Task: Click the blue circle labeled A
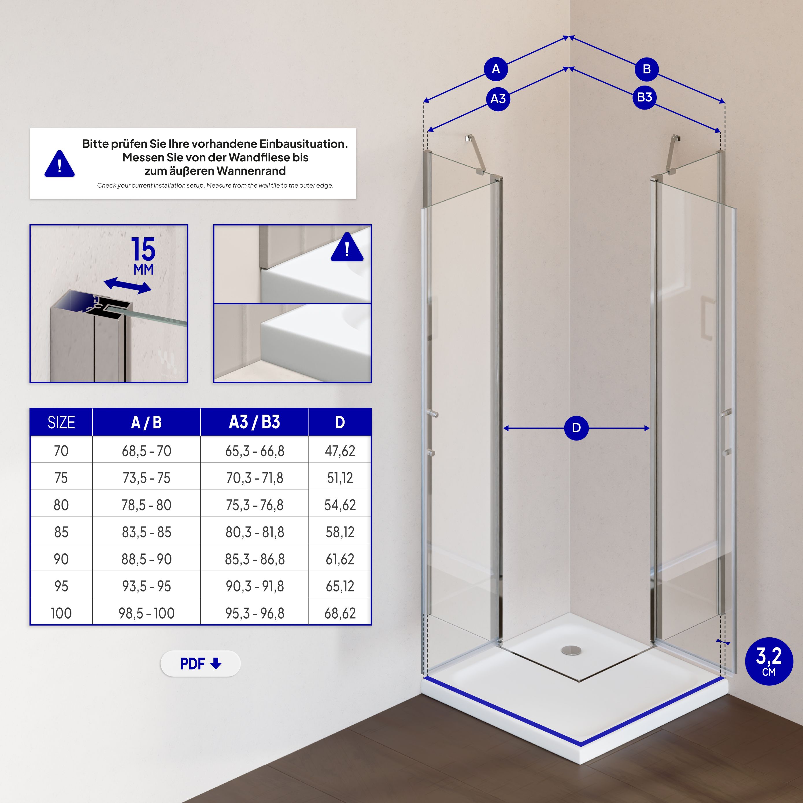(496, 69)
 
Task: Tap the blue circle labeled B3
(645, 97)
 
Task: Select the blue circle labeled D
(576, 428)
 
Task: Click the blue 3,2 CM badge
(769, 661)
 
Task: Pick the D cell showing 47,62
(340, 451)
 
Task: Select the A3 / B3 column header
(254, 422)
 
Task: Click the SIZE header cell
(61, 422)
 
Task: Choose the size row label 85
(61, 532)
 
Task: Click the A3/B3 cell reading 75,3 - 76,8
(254, 505)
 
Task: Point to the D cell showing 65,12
(340, 586)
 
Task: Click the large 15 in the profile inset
(143, 249)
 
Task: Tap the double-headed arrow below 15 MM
(127, 286)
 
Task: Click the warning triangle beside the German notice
(60, 164)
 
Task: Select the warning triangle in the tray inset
(347, 248)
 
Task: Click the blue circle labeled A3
(498, 99)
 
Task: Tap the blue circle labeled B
(647, 69)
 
